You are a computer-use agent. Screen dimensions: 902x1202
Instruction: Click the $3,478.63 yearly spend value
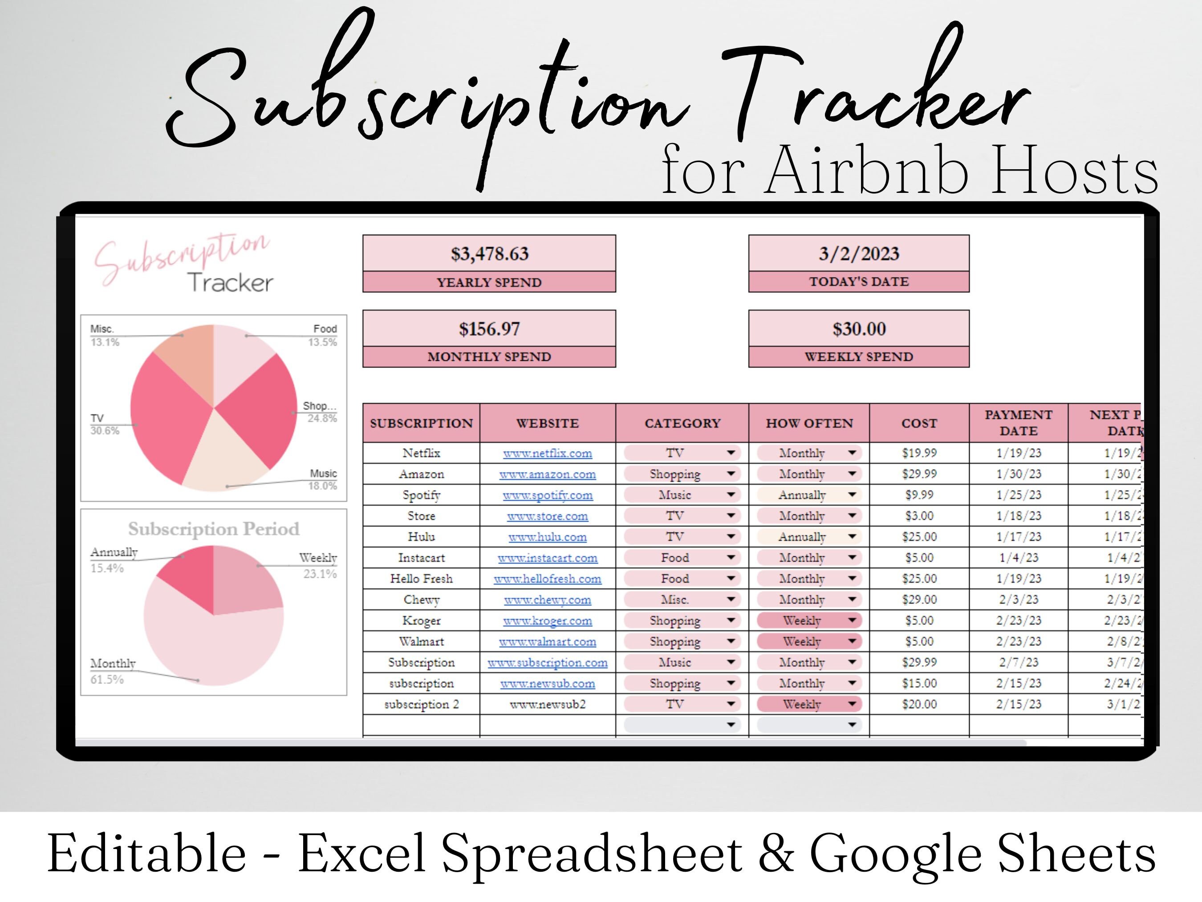pos(489,254)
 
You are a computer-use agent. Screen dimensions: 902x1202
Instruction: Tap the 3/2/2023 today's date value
pos(859,254)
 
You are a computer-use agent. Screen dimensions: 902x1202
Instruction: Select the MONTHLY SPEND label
pos(489,357)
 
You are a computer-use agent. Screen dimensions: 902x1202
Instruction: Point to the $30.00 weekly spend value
pos(859,329)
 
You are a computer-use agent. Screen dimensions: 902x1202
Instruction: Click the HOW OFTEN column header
pos(809,423)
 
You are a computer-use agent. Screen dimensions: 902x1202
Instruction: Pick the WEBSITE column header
pos(547,423)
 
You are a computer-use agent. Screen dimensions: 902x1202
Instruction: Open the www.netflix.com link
pos(547,453)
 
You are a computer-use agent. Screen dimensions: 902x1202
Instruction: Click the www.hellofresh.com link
pos(547,579)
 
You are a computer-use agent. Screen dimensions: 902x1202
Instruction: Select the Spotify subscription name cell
pos(421,495)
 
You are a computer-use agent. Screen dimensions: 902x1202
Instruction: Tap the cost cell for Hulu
pos(919,537)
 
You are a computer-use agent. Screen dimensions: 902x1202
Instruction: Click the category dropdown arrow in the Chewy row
pos(731,599)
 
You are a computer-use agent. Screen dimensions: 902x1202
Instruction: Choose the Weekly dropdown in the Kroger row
pos(808,620)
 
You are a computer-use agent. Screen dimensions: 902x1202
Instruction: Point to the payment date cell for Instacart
pos(1018,558)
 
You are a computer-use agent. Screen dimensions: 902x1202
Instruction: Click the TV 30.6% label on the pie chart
pos(104,424)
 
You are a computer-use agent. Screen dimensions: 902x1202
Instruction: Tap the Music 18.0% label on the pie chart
pos(323,480)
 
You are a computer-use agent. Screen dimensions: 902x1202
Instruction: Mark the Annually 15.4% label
pos(114,559)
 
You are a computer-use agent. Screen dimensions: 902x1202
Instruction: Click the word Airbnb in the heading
pos(866,171)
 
